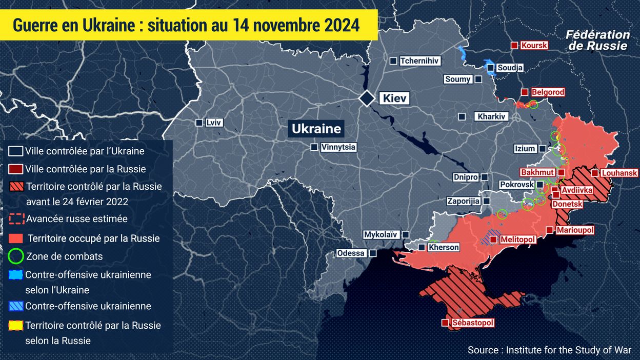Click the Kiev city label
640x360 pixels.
click(x=394, y=98)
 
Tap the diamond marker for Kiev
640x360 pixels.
click(x=367, y=98)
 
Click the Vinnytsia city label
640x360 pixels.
click(x=338, y=147)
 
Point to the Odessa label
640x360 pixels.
click(x=351, y=253)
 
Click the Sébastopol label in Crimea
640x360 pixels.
click(x=473, y=323)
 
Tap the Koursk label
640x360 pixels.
click(x=534, y=45)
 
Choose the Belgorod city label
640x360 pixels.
click(x=548, y=92)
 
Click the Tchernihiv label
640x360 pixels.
click(x=419, y=61)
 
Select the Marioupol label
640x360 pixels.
click(x=575, y=230)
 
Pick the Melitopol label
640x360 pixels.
click(x=517, y=239)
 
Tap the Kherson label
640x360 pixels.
click(x=444, y=247)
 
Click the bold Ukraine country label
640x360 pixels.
click(x=316, y=129)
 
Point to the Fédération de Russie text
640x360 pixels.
click(x=597, y=40)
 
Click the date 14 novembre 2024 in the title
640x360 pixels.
click(x=303, y=24)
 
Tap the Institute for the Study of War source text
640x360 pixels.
click(x=569, y=350)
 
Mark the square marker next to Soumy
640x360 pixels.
click(x=478, y=79)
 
